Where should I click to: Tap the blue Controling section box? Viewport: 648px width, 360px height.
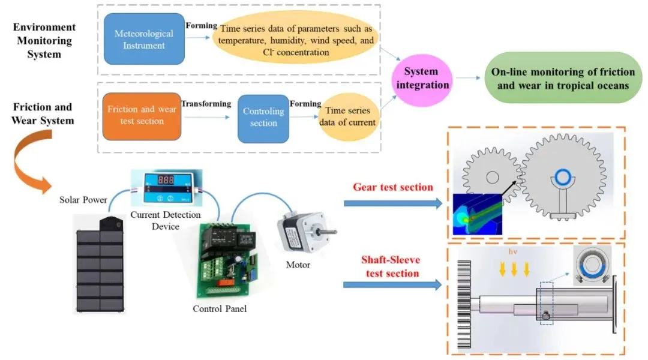coord(263,118)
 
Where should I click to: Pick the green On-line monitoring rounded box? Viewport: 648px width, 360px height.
coord(563,79)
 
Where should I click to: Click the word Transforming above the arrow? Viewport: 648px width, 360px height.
coord(206,104)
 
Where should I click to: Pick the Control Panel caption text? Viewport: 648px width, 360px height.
coord(220,309)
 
